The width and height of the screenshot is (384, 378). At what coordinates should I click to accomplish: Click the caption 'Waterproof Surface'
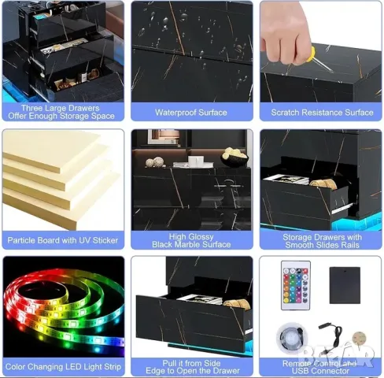(x=192, y=112)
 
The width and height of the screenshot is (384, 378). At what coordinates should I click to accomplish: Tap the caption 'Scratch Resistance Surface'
(x=322, y=112)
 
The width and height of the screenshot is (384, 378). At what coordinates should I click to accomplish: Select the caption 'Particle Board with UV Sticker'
(x=63, y=239)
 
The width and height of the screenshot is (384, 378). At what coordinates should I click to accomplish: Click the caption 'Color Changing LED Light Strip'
(x=63, y=366)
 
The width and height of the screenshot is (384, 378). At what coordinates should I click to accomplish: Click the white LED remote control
(x=296, y=287)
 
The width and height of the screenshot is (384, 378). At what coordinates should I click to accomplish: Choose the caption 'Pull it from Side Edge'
(x=192, y=366)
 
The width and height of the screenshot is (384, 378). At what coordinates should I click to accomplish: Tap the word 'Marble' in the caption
(x=190, y=245)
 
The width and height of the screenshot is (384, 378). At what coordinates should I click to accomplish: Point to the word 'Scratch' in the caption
(x=287, y=112)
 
